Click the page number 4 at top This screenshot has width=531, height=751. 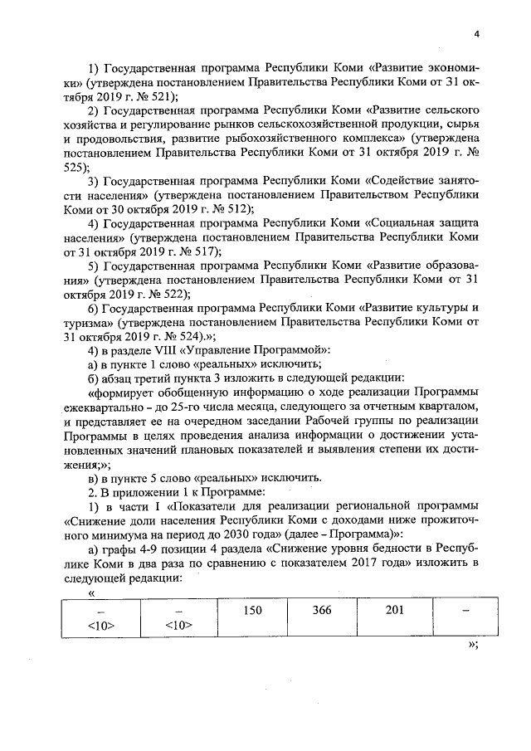477,34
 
